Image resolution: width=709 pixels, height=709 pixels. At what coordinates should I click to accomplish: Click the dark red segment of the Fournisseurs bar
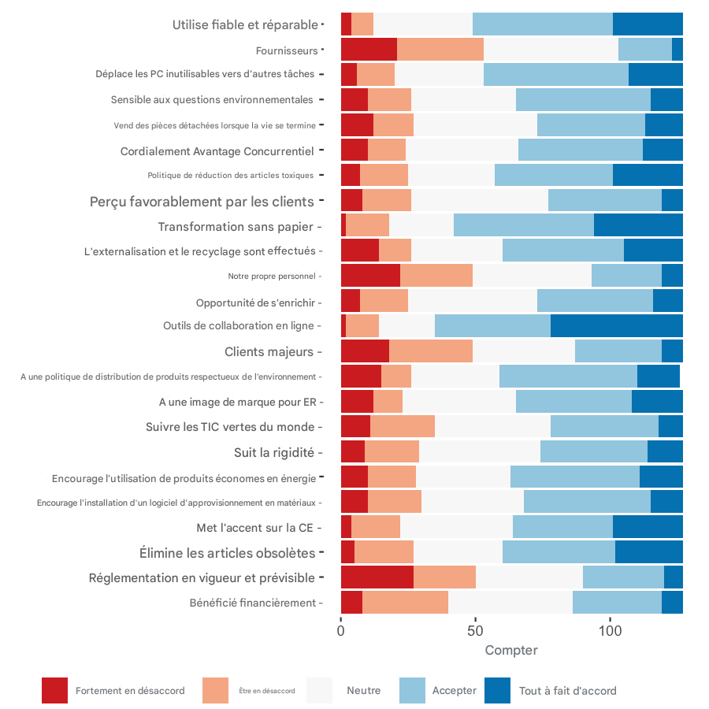coord(369,50)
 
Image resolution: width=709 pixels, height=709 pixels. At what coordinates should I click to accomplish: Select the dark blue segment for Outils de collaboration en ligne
coord(616,325)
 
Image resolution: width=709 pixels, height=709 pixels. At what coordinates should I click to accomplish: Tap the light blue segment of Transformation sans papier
coord(524,225)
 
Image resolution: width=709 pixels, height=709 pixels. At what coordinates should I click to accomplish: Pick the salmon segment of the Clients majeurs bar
coord(431,351)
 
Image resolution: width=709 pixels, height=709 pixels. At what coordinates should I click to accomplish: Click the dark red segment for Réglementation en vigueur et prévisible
coord(377,577)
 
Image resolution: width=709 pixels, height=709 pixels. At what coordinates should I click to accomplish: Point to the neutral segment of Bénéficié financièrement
coord(510,602)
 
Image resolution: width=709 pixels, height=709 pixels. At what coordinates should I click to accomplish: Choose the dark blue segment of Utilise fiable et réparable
coord(648,24)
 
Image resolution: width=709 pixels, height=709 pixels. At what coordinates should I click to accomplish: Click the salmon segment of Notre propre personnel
coord(436,275)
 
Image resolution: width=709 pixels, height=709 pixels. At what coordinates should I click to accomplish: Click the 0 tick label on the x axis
coord(341,631)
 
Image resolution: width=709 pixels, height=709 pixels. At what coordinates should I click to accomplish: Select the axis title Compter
coord(511,651)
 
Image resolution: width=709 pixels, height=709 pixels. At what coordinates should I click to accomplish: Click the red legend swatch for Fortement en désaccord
coord(54,690)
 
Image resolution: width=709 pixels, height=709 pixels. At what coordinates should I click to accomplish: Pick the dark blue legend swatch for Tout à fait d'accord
coord(498,690)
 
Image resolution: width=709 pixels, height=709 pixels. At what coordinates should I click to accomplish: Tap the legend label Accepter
coord(455,691)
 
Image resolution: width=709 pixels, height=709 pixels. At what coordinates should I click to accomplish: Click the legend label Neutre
coord(363,691)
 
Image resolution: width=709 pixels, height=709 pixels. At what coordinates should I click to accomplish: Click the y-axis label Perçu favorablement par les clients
coord(202,201)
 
